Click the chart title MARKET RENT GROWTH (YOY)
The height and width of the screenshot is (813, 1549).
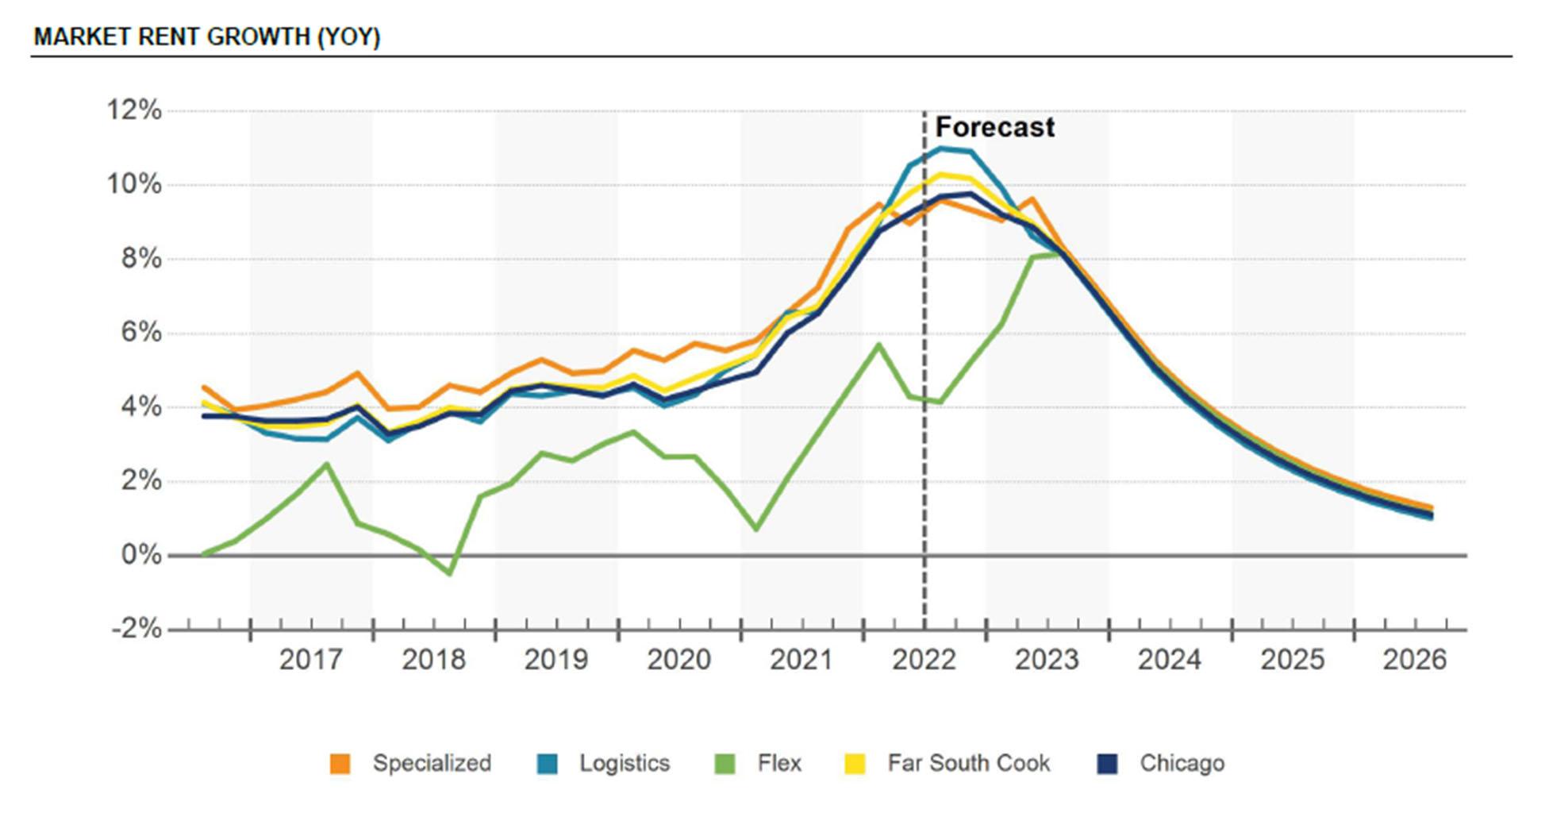click(x=207, y=37)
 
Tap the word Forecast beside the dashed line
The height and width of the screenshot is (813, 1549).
click(x=994, y=127)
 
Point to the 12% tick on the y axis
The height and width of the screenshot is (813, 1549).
click(x=134, y=110)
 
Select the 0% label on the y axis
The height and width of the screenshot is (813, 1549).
click(x=141, y=555)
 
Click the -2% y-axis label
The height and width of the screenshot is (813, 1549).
click(x=136, y=630)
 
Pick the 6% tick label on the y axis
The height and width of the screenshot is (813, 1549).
click(x=141, y=333)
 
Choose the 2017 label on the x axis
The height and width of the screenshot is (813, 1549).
click(x=310, y=660)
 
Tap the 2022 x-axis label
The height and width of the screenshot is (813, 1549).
click(x=924, y=660)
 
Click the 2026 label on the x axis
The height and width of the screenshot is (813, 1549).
click(x=1414, y=660)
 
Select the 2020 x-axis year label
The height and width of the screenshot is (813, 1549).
click(x=678, y=660)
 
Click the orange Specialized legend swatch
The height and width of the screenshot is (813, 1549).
click(x=340, y=764)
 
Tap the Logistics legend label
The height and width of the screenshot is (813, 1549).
click(x=624, y=764)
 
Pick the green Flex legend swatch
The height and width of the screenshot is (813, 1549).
click(x=725, y=764)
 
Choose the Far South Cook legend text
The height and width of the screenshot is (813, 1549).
click(x=968, y=764)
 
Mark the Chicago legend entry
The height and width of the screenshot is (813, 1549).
click(x=1182, y=764)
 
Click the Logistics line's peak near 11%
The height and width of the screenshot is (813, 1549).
click(x=941, y=148)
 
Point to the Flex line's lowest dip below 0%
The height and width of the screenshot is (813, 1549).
click(x=450, y=573)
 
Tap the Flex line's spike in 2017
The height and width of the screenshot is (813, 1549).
click(x=327, y=464)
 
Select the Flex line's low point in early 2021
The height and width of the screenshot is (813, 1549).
click(x=756, y=529)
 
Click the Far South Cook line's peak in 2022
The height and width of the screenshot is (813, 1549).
click(x=941, y=175)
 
